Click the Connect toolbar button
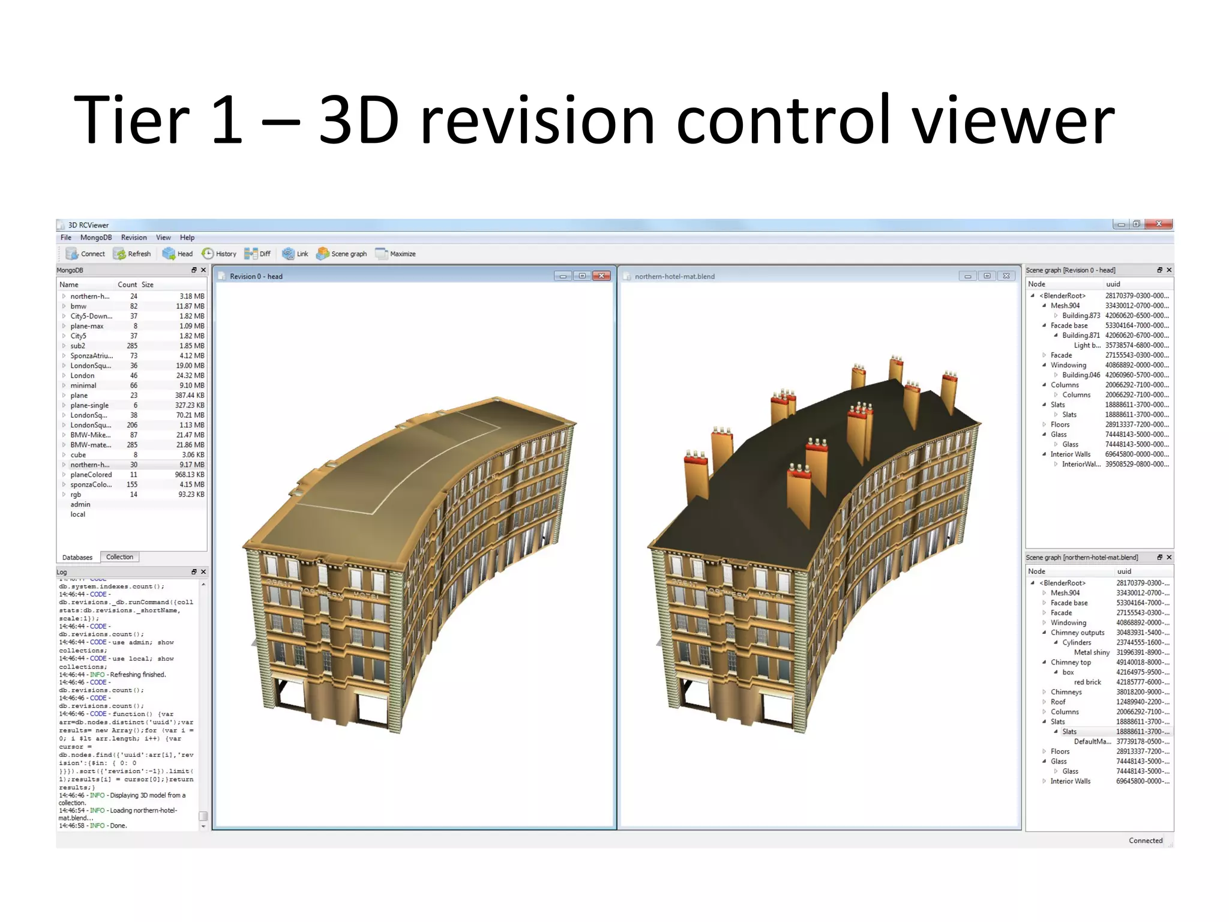pos(85,254)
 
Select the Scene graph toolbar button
pos(341,254)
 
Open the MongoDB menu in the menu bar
pos(96,238)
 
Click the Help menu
pos(187,238)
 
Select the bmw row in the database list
pos(79,306)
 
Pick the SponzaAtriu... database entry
pos(91,356)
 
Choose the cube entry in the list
pos(78,455)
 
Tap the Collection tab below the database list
pos(119,557)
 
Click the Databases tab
pos(77,558)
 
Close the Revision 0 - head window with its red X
pos(601,276)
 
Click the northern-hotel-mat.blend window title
pos(675,277)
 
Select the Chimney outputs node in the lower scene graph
pos(1077,633)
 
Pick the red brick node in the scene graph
pos(1087,682)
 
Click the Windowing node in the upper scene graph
pos(1068,365)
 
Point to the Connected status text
pos(1145,840)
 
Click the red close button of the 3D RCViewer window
pos(1159,224)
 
